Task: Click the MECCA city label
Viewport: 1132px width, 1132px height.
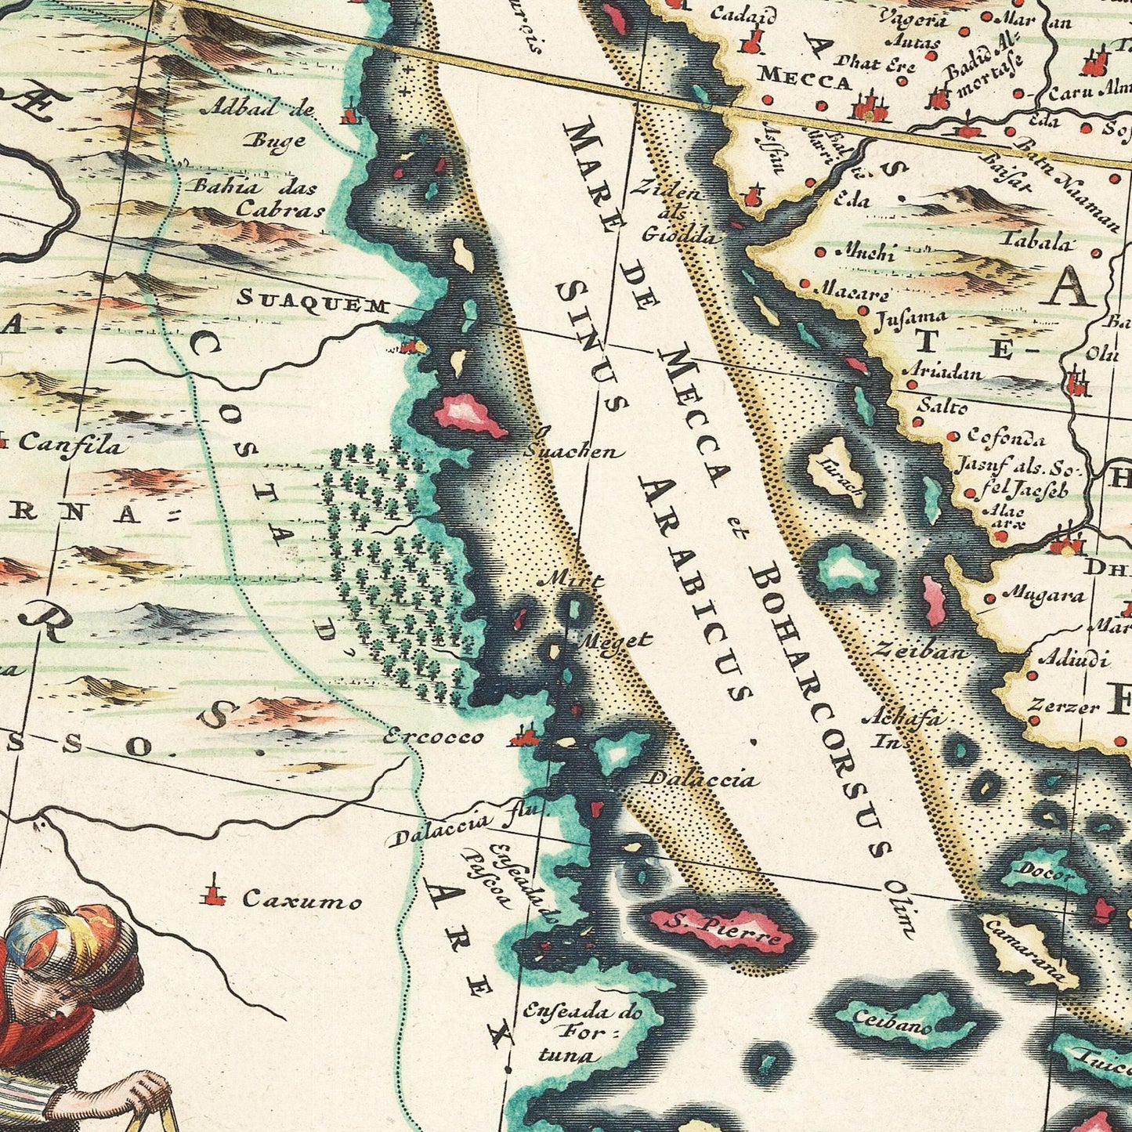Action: point(805,78)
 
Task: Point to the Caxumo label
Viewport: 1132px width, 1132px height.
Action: point(302,900)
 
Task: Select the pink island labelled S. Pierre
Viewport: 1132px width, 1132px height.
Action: point(722,931)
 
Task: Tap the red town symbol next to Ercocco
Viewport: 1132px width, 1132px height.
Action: point(523,737)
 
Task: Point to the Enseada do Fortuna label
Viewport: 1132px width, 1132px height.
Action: point(581,1033)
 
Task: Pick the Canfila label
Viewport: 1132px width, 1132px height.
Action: point(71,445)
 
